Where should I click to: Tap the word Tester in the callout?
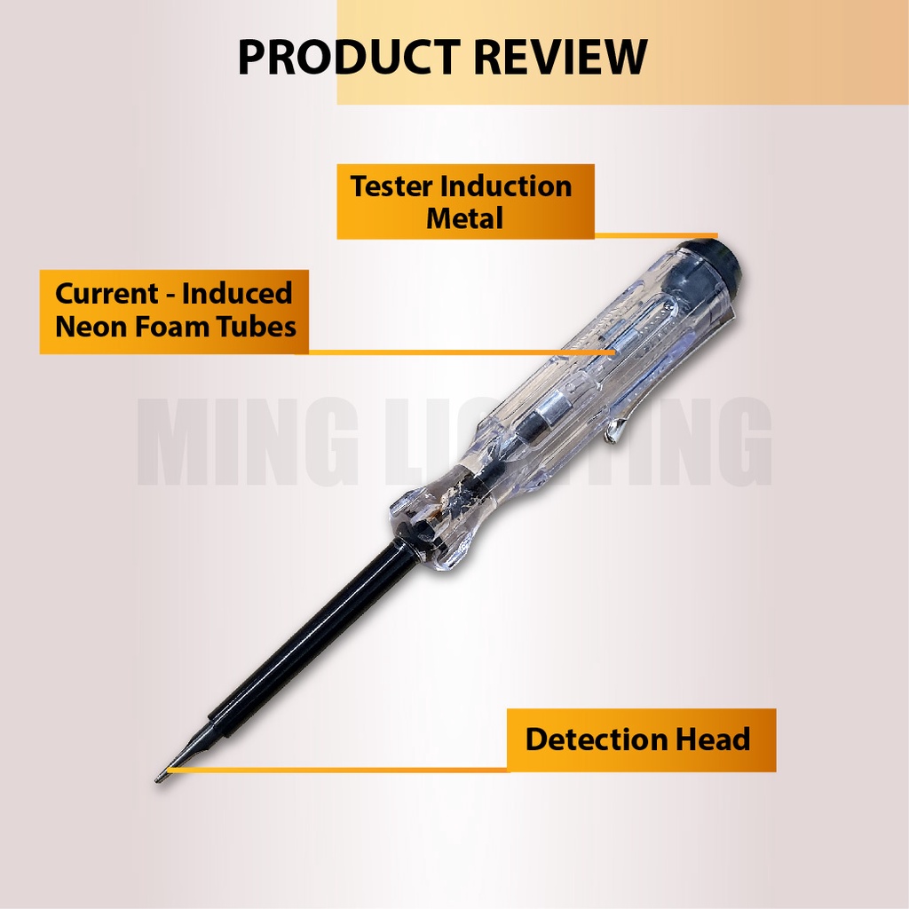pos(391,186)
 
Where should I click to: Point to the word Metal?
pos(464,217)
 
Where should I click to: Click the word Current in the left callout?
pos(107,294)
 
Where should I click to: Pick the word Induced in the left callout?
pos(237,294)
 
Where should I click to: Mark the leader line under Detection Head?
pos(337,770)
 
